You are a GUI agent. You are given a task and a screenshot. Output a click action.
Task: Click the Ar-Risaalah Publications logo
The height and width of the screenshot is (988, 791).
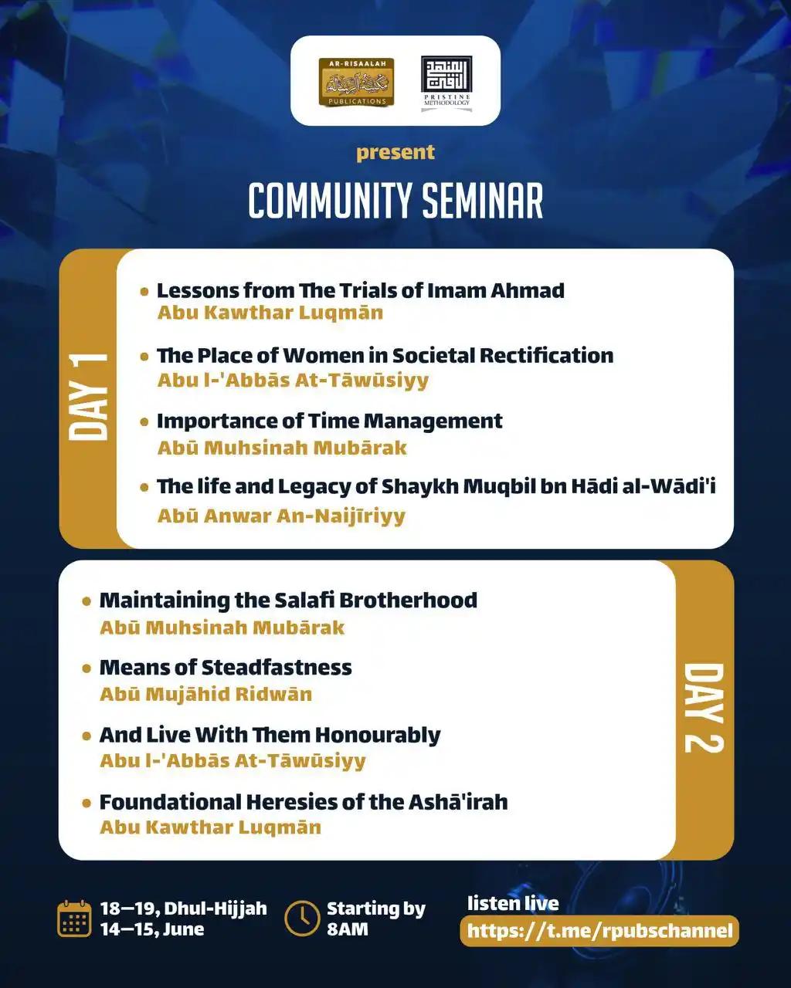pyautogui.click(x=356, y=82)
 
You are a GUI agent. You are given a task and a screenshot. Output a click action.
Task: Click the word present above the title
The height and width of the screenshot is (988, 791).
pyautogui.click(x=395, y=152)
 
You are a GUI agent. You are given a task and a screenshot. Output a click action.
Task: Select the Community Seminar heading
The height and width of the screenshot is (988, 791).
pyautogui.click(x=395, y=201)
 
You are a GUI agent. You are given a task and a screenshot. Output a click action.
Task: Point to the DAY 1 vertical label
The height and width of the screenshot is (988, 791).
pyautogui.click(x=89, y=398)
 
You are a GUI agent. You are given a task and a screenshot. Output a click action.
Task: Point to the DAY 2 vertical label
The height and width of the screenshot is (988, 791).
pyautogui.click(x=704, y=708)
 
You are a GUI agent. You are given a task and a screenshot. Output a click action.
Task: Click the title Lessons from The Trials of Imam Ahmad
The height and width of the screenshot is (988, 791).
pyautogui.click(x=360, y=290)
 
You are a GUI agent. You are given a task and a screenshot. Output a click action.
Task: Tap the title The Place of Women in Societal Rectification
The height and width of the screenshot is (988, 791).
pyautogui.click(x=385, y=355)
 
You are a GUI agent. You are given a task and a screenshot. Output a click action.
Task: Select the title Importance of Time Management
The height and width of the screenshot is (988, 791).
pyautogui.click(x=329, y=421)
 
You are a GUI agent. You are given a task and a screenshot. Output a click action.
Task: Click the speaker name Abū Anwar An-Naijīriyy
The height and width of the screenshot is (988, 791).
pyautogui.click(x=281, y=516)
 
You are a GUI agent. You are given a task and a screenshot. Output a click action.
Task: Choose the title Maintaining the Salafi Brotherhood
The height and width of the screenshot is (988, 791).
pyautogui.click(x=288, y=600)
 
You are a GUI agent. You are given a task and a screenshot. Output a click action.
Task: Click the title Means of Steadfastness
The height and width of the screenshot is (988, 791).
pyautogui.click(x=226, y=667)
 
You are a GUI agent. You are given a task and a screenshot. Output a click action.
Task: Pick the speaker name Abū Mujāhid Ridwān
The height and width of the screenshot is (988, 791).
pyautogui.click(x=206, y=694)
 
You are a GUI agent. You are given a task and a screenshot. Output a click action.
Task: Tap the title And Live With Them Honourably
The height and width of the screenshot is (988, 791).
pyautogui.click(x=270, y=735)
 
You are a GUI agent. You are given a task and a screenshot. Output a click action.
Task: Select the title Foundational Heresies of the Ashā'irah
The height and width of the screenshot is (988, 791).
pyautogui.click(x=304, y=802)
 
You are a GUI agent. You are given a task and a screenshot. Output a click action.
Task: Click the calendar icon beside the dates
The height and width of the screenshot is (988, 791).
pyautogui.click(x=75, y=919)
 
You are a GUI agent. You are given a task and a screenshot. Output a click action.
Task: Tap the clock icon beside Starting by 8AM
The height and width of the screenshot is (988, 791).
pyautogui.click(x=302, y=919)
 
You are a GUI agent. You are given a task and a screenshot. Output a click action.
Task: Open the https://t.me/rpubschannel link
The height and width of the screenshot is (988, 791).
pyautogui.click(x=599, y=931)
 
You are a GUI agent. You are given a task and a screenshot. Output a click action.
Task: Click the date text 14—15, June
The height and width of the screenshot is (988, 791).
pyautogui.click(x=152, y=929)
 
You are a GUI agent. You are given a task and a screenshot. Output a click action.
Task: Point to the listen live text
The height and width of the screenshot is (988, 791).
pyautogui.click(x=513, y=903)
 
